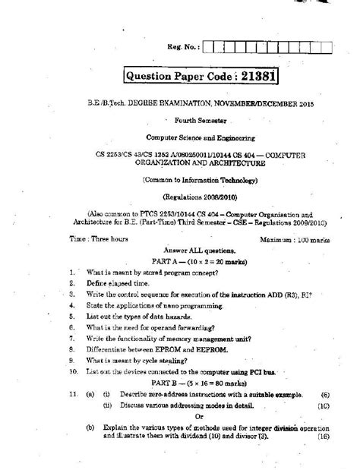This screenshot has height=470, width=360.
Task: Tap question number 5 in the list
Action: click(71, 313)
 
